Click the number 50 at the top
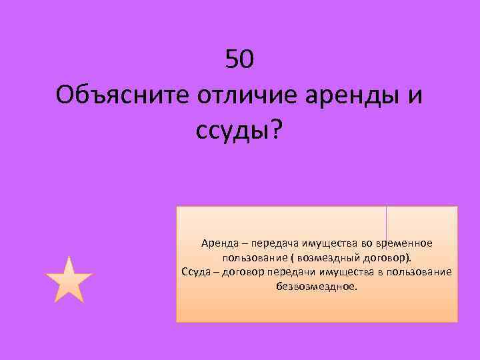click(239, 61)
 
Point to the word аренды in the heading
click(349, 96)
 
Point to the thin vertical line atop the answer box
click(387, 223)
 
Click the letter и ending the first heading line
click(415, 96)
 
